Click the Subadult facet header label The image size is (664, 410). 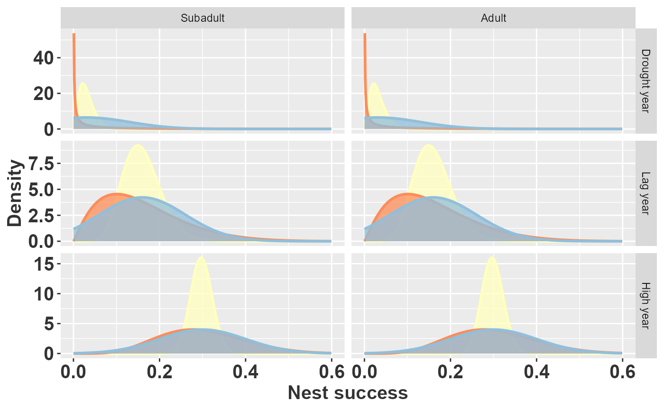(203, 18)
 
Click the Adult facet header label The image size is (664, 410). (493, 18)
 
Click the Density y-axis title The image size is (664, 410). (16, 193)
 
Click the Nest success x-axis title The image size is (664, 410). (348, 393)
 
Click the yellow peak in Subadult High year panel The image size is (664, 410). (201, 257)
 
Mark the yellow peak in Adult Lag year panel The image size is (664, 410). (428, 145)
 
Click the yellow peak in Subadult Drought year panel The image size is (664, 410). (83, 83)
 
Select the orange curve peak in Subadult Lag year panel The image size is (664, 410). (116, 194)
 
